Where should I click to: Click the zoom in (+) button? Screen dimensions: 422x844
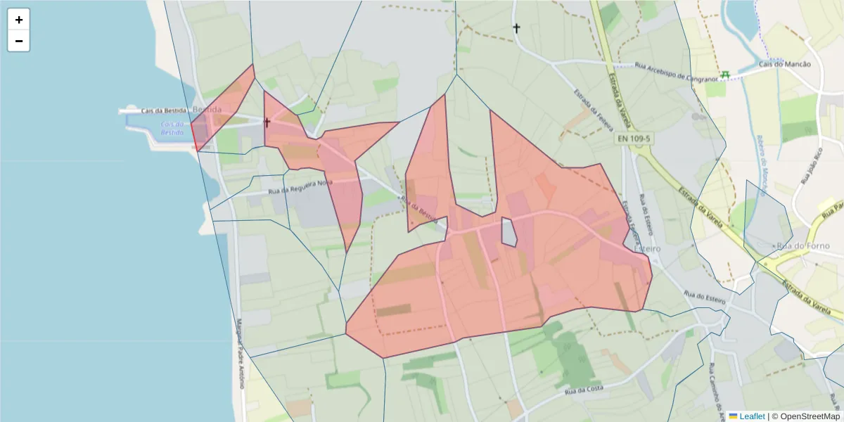click(19, 20)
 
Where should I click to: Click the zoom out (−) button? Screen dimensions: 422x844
click(19, 41)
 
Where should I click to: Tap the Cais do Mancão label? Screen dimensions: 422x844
click(784, 64)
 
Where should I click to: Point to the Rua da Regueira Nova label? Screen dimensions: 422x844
click(300, 187)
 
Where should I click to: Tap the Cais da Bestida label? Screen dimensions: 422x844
click(164, 110)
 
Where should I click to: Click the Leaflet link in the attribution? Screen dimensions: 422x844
click(751, 416)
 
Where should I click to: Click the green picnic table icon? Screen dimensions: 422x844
click(724, 74)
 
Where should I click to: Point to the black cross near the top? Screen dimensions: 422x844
click(516, 28)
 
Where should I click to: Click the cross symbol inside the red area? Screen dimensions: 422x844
click(267, 122)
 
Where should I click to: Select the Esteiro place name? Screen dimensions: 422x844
click(648, 249)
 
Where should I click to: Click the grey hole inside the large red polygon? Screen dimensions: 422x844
click(509, 232)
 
